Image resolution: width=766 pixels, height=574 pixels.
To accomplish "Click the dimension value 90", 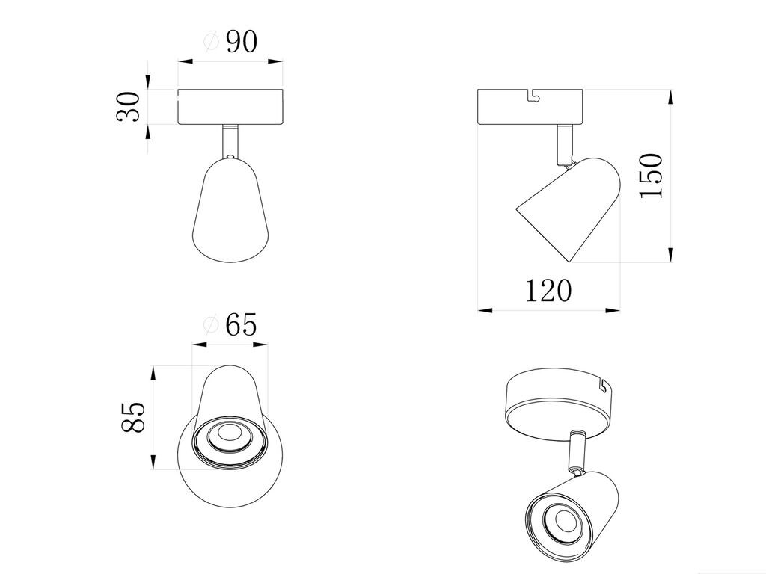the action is point(242,42).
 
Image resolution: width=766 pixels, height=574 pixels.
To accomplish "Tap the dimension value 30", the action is point(128,106).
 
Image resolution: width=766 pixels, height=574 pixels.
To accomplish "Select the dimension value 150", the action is point(651,176).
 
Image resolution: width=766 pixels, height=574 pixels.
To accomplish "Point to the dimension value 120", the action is point(548,291).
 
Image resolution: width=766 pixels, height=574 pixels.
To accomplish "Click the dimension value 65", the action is point(241,325).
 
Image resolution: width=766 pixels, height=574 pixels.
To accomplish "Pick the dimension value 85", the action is point(133,417).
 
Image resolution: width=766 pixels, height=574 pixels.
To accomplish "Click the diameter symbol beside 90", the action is point(211,42).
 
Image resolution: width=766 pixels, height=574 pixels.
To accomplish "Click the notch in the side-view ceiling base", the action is point(534,96).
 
